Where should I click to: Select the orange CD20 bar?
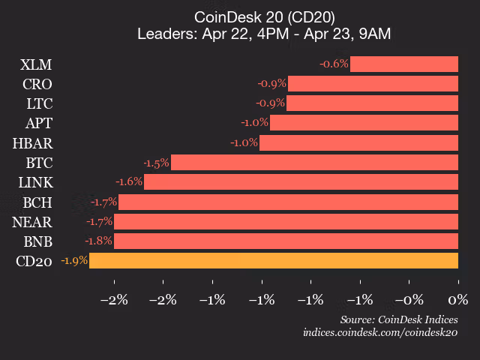(x=273, y=261)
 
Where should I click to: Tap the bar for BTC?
(x=314, y=162)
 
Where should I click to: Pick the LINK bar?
(x=301, y=181)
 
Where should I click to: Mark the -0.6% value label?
(x=334, y=64)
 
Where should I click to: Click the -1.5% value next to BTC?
(x=156, y=162)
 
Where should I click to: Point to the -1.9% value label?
(x=74, y=261)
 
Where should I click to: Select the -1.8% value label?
(x=99, y=241)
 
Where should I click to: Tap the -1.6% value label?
(x=128, y=181)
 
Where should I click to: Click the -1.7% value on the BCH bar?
(x=103, y=202)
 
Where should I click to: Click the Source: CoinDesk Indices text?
(x=398, y=319)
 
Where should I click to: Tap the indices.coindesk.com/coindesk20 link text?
(x=380, y=331)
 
